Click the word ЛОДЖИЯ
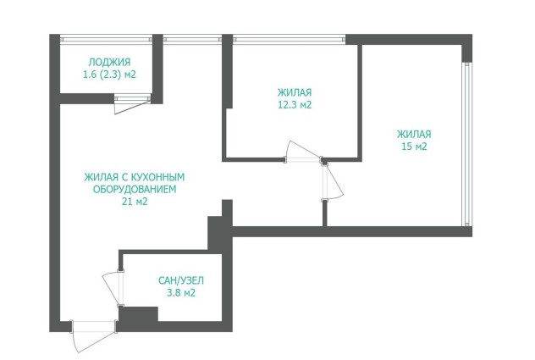(x=109, y=62)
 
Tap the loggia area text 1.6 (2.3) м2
(x=109, y=75)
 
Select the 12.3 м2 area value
(x=295, y=104)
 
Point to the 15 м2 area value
(x=414, y=147)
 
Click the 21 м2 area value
(x=135, y=202)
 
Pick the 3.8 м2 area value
(x=181, y=293)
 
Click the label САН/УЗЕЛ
(x=181, y=280)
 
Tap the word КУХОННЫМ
(x=158, y=177)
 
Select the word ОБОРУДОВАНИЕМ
(x=135, y=189)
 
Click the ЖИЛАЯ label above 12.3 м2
(x=295, y=92)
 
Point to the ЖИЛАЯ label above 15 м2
(x=414, y=134)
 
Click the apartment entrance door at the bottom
(x=93, y=335)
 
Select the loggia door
(x=132, y=104)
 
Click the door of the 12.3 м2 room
(x=303, y=152)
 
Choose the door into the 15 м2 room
(x=333, y=181)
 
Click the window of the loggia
(x=106, y=39)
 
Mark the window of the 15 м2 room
(x=467, y=144)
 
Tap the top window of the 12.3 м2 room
(x=289, y=39)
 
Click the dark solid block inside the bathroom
(x=138, y=314)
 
